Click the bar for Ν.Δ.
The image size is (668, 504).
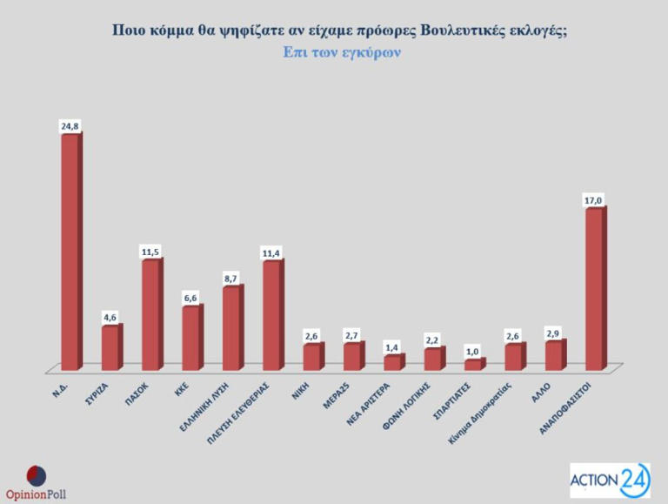pyautogui.click(x=70, y=252)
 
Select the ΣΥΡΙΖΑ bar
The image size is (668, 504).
pyautogui.click(x=110, y=347)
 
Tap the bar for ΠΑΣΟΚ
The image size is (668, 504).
pyautogui.click(x=150, y=314)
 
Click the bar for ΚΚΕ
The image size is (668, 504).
pyautogui.click(x=190, y=337)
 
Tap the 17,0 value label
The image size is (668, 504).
pyautogui.click(x=593, y=201)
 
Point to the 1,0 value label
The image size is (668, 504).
pyautogui.click(x=472, y=351)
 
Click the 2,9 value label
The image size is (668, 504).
pyautogui.click(x=553, y=333)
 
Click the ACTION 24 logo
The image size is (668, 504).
pyautogui.click(x=608, y=480)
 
